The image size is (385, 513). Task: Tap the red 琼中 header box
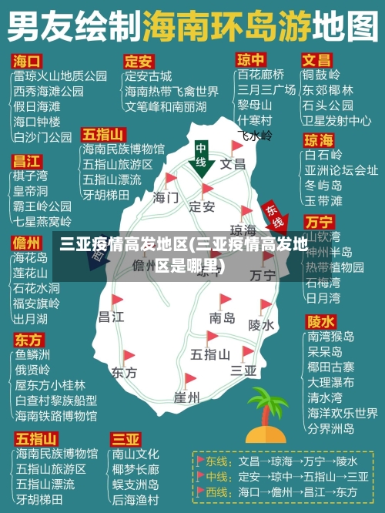tap(250, 59)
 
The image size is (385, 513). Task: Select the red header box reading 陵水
tap(320, 320)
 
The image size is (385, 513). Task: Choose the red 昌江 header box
tap(27, 161)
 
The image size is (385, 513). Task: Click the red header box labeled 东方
tap(28, 340)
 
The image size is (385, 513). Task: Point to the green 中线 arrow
tap(201, 158)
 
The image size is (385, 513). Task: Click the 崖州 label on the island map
tap(186, 397)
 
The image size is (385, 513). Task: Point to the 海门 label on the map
tap(166, 197)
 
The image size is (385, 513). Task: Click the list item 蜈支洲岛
tap(136, 484)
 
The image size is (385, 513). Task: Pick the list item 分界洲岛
tap(330, 427)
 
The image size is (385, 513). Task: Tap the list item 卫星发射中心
tap(336, 120)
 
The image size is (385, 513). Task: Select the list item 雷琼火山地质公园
tap(60, 75)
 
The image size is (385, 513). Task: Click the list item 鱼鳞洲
tap(32, 355)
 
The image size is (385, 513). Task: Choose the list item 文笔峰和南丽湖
tap(166, 106)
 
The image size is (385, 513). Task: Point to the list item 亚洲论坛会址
tap(341, 170)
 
